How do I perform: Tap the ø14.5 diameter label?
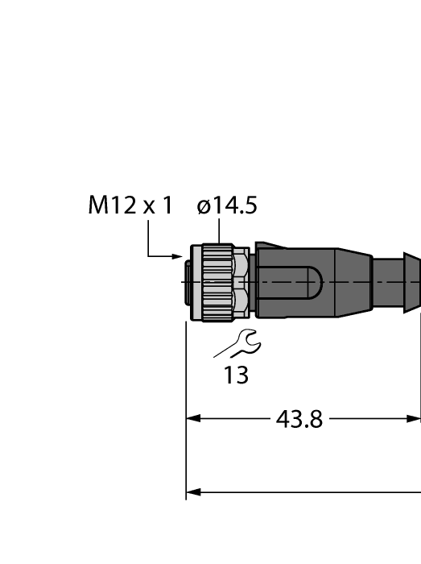point(227,206)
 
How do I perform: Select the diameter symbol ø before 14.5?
point(204,208)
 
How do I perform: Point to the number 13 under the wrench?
point(236,375)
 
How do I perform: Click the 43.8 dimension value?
point(299,419)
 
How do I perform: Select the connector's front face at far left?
point(190,282)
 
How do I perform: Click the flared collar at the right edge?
point(411,282)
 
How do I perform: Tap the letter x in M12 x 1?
point(148,208)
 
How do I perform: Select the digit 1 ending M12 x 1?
point(167,206)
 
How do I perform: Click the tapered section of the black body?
point(354,282)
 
